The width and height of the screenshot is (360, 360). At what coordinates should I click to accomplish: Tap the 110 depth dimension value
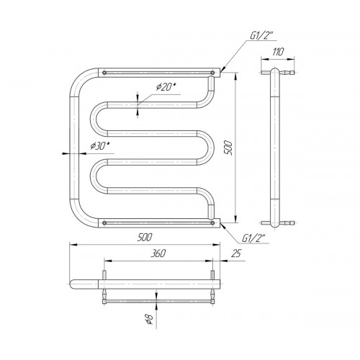tap(278, 52)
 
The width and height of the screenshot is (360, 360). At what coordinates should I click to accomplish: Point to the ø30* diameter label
tap(100, 145)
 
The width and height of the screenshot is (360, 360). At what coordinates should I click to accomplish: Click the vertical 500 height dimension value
tap(229, 148)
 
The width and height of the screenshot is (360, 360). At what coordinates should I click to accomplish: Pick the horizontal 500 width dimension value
tap(145, 238)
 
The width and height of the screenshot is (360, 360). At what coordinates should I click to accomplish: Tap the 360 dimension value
tap(158, 253)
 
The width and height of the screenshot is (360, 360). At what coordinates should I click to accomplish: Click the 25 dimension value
tap(235, 253)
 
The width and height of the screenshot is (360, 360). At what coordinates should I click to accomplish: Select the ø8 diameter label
tap(149, 319)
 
